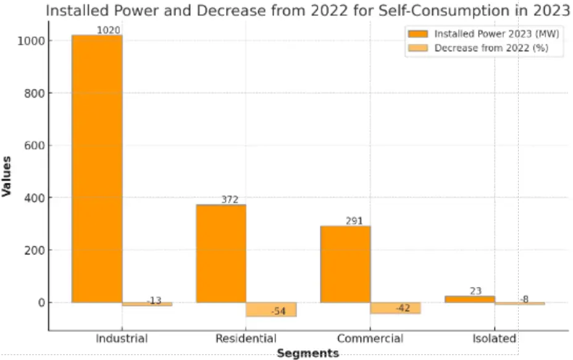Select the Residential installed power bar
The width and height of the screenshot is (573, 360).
(x=221, y=253)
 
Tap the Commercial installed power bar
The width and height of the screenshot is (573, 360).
(x=345, y=264)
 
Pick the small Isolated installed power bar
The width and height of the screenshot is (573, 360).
(x=470, y=299)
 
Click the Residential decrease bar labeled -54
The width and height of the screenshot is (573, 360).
(x=271, y=310)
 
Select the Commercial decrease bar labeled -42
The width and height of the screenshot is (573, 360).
(x=395, y=308)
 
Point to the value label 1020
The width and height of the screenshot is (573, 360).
(x=108, y=30)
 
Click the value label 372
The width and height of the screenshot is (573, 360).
(x=230, y=199)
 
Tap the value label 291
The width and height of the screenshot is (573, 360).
(x=354, y=221)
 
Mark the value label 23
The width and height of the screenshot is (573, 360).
(x=475, y=291)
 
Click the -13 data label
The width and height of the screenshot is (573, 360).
(x=154, y=301)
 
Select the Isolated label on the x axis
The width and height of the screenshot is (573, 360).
(x=494, y=338)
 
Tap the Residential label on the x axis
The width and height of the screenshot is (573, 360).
(x=246, y=338)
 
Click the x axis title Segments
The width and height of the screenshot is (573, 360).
(x=307, y=353)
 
